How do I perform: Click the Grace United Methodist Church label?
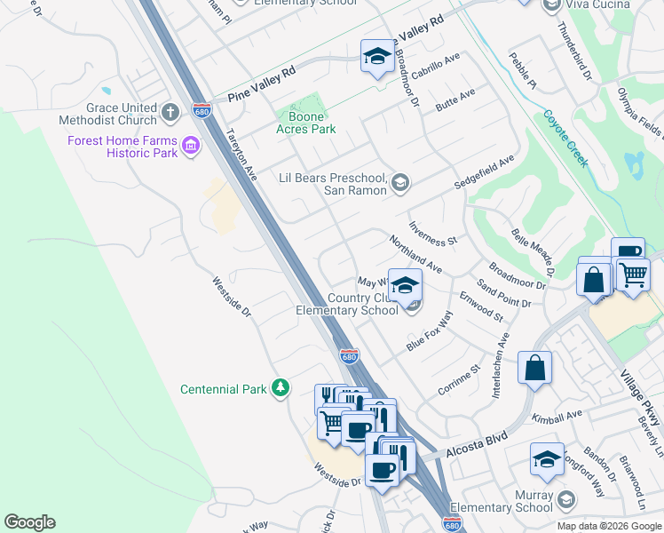coord(108,113)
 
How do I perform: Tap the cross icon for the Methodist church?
coord(172,113)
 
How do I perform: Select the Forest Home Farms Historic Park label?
coord(123,147)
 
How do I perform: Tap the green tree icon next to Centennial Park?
coord(281,388)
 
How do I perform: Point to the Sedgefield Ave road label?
coord(485,171)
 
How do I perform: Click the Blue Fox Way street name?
coord(430,331)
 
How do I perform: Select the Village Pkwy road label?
coord(643,392)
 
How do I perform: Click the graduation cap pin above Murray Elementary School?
coord(547,459)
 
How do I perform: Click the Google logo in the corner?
coord(29,522)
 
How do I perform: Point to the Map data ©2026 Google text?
coord(608,526)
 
